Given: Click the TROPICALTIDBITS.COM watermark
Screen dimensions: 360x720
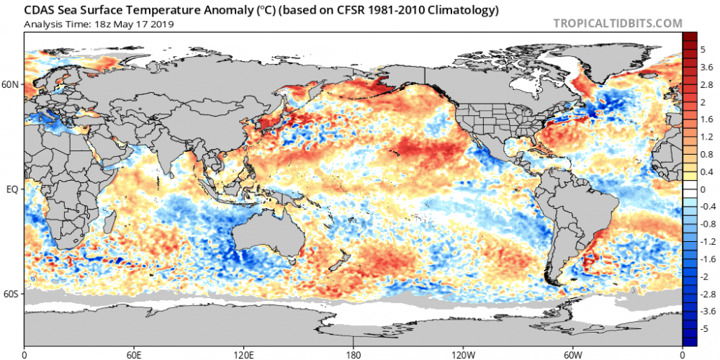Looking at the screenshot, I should tap(617, 23).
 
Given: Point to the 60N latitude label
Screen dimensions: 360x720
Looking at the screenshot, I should tap(10, 85).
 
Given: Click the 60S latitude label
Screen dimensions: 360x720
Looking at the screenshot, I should tap(10, 294).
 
